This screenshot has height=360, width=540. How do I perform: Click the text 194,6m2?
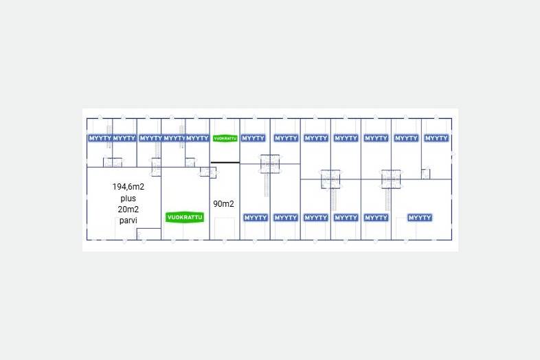click(x=128, y=186)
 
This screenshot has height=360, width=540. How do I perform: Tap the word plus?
click(x=128, y=198)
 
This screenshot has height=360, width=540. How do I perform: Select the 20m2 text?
click(x=128, y=209)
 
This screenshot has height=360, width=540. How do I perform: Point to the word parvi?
click(x=128, y=220)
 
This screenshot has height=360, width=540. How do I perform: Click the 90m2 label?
click(x=223, y=203)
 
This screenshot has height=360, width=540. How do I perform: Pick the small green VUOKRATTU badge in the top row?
click(x=225, y=138)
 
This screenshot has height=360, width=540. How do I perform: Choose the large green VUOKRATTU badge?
click(x=185, y=217)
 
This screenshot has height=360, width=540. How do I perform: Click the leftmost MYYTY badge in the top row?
click(x=99, y=138)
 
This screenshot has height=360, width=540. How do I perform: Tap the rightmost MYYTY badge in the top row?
click(x=436, y=138)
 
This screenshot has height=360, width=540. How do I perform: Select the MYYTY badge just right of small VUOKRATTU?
click(x=254, y=138)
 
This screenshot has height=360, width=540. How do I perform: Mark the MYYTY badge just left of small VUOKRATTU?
click(x=198, y=138)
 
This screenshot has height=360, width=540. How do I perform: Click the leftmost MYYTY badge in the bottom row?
click(x=256, y=218)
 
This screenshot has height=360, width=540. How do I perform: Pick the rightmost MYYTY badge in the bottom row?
click(x=420, y=218)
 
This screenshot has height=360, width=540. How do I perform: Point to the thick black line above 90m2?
click(x=225, y=162)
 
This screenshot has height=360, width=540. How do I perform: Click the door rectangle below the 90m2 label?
click(x=225, y=228)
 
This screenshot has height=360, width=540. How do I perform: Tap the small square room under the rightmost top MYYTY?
click(x=426, y=172)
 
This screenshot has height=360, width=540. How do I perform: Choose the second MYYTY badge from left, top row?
click(x=124, y=138)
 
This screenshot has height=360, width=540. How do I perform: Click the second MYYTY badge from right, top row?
click(x=406, y=138)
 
